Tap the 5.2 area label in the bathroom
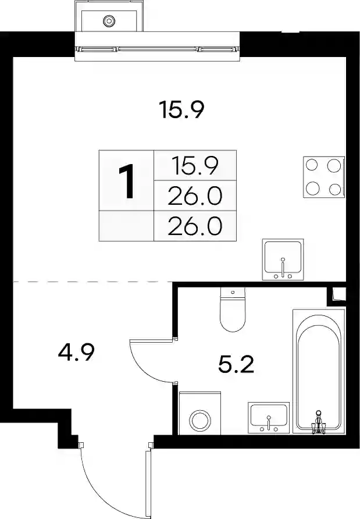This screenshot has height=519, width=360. click(x=236, y=365)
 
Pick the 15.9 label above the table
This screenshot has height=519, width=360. click(x=181, y=109)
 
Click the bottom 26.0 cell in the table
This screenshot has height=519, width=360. click(x=195, y=226)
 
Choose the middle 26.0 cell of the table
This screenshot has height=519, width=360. click(x=195, y=196)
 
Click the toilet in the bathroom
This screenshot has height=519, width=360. click(x=233, y=310)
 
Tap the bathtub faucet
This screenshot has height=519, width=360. click(x=318, y=422)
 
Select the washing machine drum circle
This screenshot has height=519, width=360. click(x=200, y=421)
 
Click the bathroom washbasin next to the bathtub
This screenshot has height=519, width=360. click(x=269, y=418)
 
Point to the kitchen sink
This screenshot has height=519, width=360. click(x=283, y=259)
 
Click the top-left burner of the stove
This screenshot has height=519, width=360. click(x=312, y=165)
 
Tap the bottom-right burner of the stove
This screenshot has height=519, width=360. click(x=335, y=189)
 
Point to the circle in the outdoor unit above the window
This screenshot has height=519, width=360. click(x=109, y=21)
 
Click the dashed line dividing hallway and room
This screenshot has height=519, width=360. click(x=93, y=282)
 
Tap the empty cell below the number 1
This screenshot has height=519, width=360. click(x=126, y=226)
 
